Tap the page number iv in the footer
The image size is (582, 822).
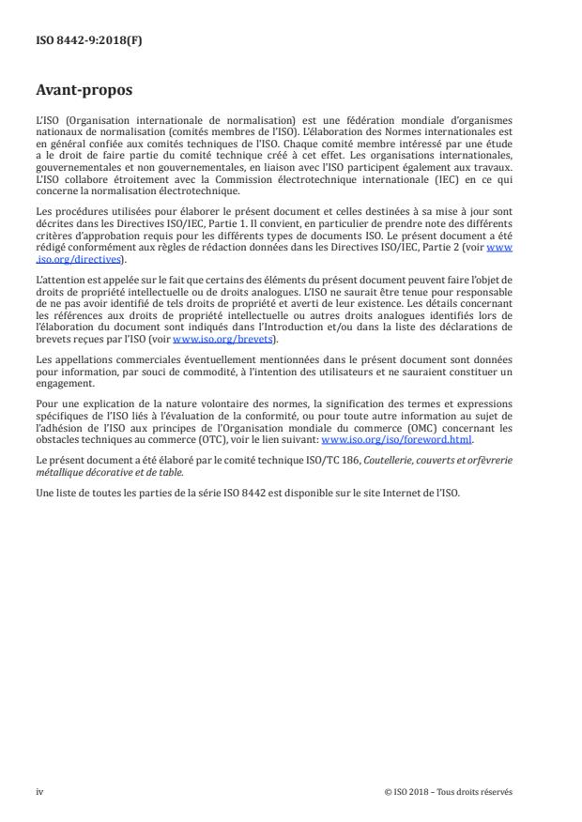point(39,791)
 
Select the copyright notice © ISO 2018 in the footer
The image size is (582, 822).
point(449,791)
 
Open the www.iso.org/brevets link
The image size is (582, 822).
point(212,340)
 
